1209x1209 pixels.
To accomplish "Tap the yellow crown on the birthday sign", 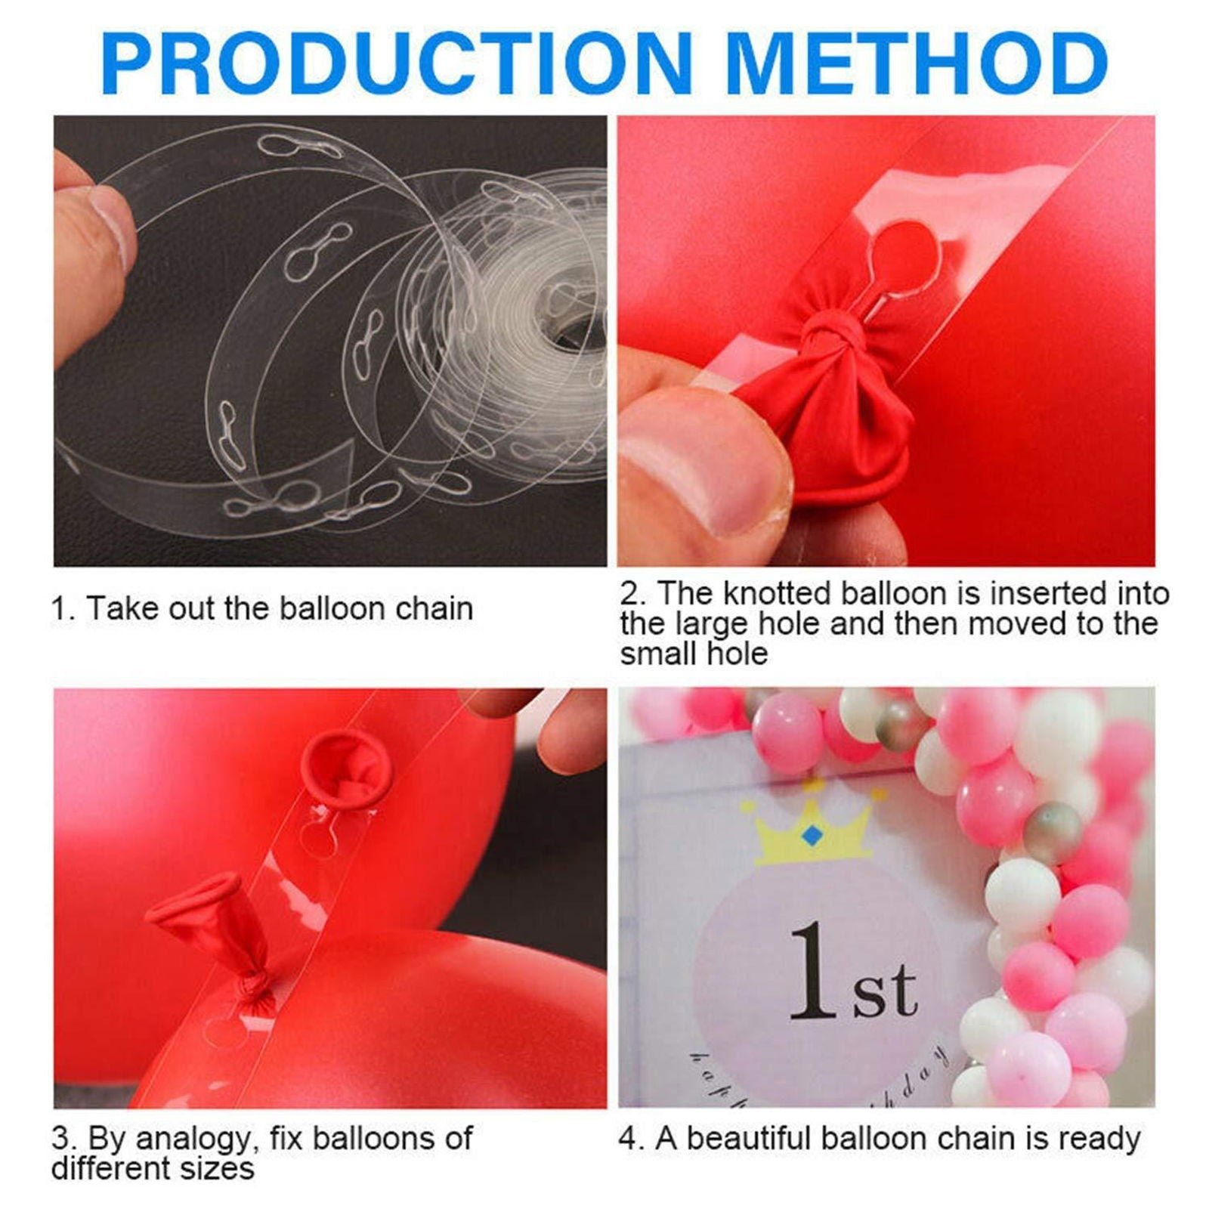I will pyautogui.click(x=812, y=831).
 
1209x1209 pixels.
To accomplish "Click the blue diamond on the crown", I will pyautogui.click(x=812, y=835).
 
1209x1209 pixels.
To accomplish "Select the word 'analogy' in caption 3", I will pyautogui.click(x=199, y=1138).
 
